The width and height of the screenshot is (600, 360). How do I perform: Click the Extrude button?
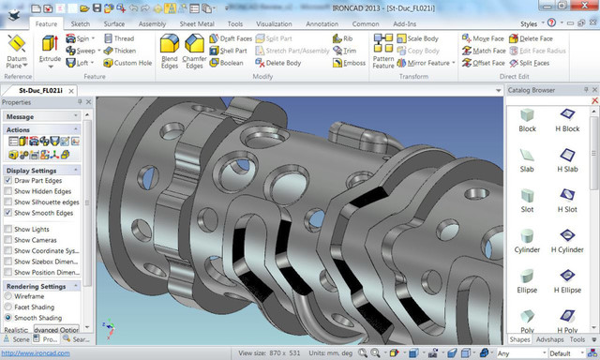pyautogui.click(x=49, y=49)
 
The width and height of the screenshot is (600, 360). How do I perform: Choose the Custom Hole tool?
pyautogui.click(x=130, y=63)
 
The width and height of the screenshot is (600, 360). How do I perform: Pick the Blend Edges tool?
pyautogui.click(x=170, y=50)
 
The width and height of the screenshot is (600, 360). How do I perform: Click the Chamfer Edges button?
pyautogui.click(x=195, y=50)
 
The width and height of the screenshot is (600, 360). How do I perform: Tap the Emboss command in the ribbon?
pyautogui.click(x=347, y=63)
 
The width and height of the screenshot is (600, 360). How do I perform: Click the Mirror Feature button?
pyautogui.click(x=427, y=63)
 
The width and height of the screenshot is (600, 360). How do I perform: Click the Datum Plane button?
pyautogui.click(x=16, y=51)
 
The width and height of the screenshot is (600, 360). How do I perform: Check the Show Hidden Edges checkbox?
pyautogui.click(x=9, y=190)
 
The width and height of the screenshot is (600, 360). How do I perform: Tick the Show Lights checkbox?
pyautogui.click(x=9, y=229)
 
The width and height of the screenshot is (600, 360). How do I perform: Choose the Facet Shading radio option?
pyautogui.click(x=9, y=307)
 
